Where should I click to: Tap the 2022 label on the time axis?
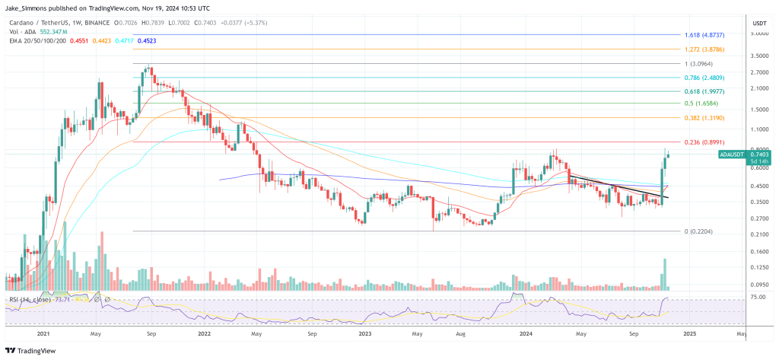click(x=203, y=333)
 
